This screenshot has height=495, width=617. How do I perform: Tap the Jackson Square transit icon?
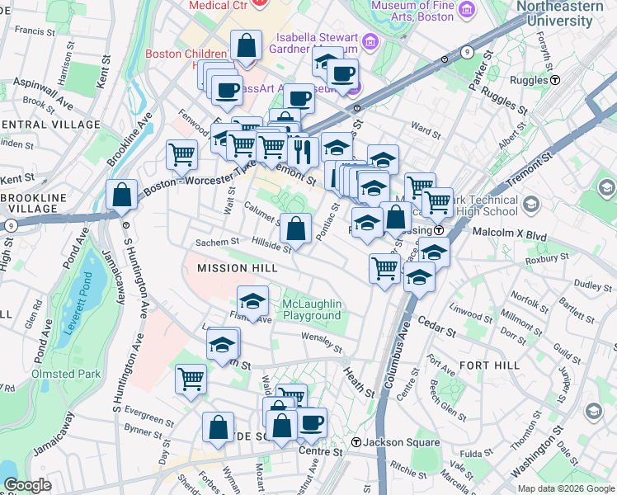[x=356, y=442]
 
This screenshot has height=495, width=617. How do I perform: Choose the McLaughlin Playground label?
[x=311, y=310]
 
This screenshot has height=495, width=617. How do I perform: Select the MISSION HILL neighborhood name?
[x=233, y=268]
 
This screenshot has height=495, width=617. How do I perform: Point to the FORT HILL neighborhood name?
[x=489, y=365]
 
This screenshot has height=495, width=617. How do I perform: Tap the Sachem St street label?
[x=216, y=243]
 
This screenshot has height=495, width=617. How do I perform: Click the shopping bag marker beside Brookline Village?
[x=122, y=195]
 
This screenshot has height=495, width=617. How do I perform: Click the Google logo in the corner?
[x=27, y=485]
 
